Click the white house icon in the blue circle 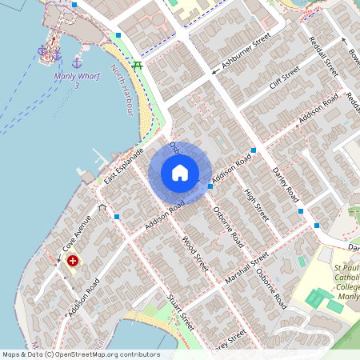(180, 172)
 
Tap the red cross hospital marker (74, 260)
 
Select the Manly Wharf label (76, 77)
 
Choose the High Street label (255, 202)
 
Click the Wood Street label (194, 254)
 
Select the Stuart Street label (180, 311)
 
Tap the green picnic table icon (138, 65)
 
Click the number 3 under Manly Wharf (76, 86)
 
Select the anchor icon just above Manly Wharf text (77, 62)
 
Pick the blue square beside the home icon (210, 186)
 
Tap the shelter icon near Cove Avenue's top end (102, 207)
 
